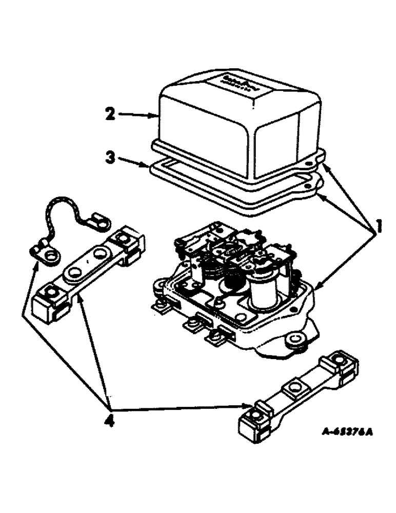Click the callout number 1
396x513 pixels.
(x=379, y=225)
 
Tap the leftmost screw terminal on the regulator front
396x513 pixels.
(x=161, y=307)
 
